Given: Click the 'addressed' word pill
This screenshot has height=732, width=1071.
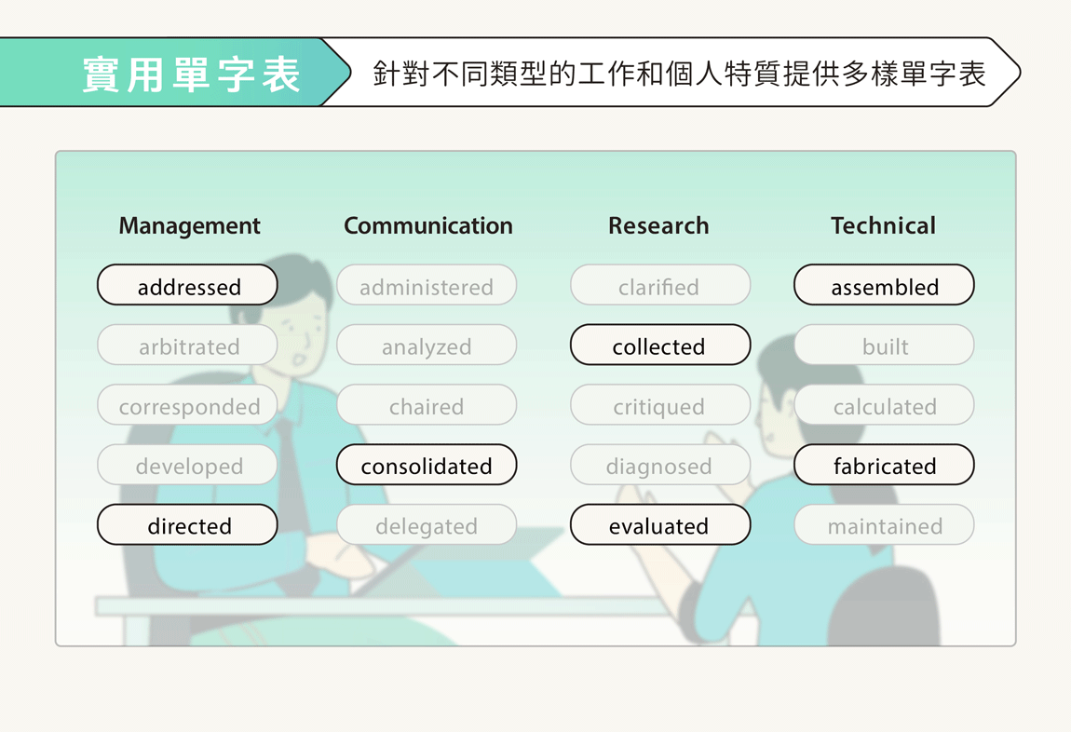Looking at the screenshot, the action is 187,285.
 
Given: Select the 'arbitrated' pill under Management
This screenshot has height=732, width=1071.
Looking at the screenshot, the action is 187,345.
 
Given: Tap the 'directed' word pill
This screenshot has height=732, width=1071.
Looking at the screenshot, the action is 187,524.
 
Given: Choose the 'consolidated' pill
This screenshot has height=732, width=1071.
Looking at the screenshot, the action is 427,465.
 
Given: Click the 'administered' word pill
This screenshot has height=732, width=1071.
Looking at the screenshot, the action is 427,285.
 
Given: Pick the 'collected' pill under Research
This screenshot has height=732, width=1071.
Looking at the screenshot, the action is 660,345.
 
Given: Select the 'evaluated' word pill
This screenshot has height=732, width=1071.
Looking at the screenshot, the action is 660,524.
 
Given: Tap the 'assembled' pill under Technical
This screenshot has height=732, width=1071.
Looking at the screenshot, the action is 884,285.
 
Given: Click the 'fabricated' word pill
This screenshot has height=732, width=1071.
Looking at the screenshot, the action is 884,465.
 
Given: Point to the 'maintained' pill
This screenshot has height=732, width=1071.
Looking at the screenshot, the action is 884,524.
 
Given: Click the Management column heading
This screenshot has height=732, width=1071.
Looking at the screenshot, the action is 189,226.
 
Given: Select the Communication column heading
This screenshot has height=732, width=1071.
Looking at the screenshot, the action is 428,225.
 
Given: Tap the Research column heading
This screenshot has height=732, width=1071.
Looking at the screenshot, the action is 658,225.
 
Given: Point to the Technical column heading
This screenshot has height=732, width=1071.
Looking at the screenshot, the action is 883,225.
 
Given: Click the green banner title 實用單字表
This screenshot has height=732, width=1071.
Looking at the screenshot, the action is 191,74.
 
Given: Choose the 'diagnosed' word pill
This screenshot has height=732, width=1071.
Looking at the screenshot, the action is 660,465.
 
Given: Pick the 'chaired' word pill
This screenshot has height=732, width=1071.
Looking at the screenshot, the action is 427,405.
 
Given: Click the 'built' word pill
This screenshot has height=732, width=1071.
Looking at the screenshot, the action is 884,345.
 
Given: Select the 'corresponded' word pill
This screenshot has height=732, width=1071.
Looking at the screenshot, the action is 187,405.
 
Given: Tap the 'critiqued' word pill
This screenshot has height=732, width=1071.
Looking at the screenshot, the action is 660,405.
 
